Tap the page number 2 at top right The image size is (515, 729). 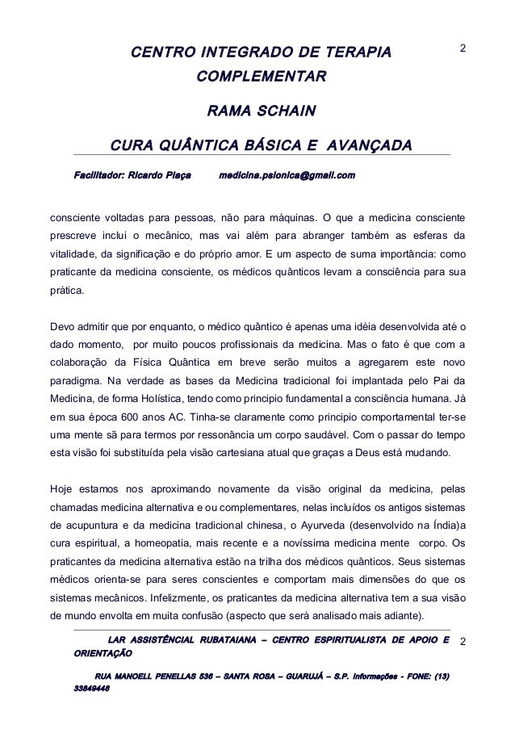tap(463, 50)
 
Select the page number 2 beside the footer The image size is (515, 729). tap(463, 643)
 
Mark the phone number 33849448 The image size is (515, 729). tap(91, 691)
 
